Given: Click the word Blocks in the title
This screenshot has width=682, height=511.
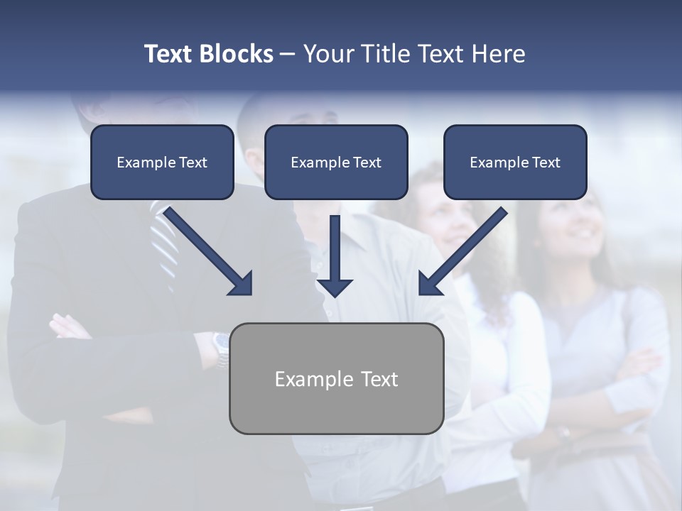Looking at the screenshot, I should pos(237,54).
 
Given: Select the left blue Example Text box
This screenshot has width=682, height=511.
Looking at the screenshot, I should pos(162,163).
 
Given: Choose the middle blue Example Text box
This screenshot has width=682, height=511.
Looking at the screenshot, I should pos(336,163).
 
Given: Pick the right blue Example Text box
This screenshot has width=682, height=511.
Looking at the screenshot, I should pos(515,163).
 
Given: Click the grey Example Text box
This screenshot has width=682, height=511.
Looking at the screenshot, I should pos(336,378).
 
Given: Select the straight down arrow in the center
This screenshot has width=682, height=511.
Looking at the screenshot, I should pos(335,255).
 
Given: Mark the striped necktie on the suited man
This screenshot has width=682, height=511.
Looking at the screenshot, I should pos(165,241).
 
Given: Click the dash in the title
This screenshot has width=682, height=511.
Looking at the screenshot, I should pos(288,54).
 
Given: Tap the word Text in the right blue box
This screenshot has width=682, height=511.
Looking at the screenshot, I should pos(546,163).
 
